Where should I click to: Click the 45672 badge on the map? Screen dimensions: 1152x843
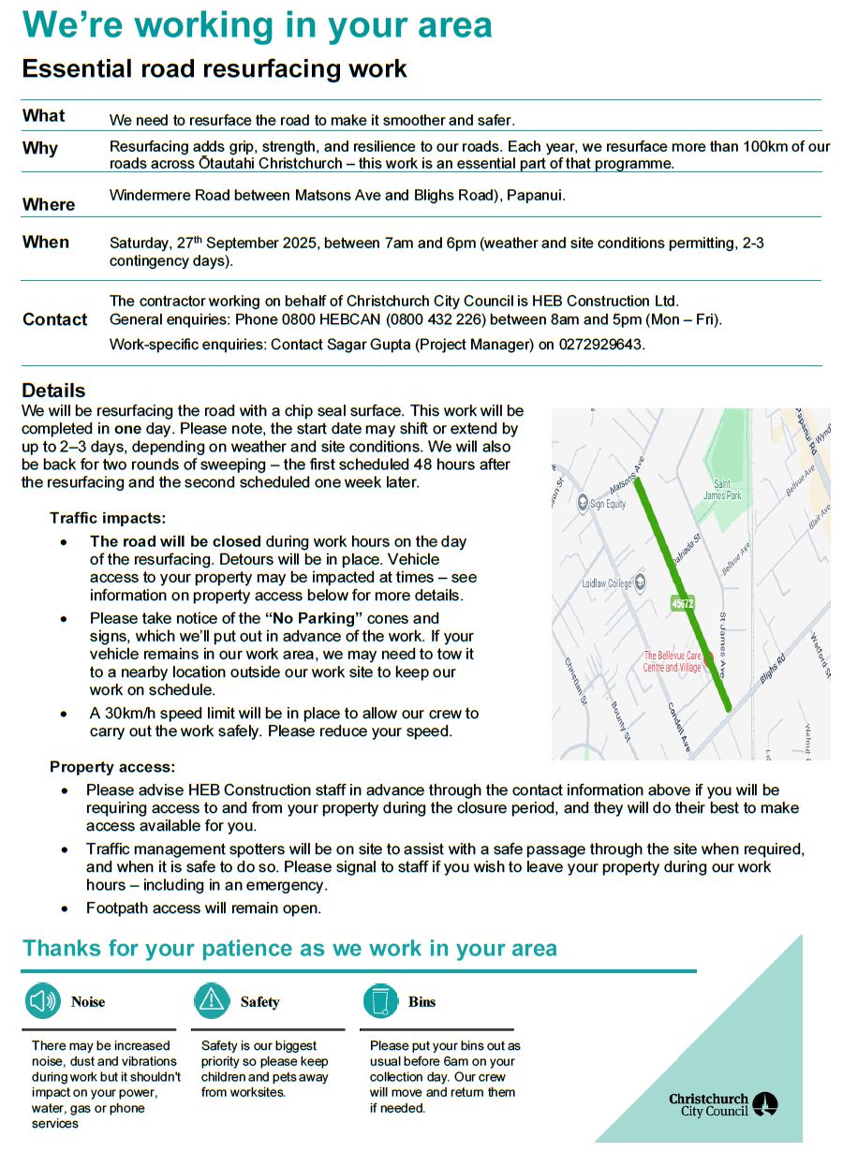(683, 603)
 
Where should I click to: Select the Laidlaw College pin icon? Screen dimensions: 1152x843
(641, 582)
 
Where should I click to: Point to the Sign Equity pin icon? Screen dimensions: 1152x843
(582, 503)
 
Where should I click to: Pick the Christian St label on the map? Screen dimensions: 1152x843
(574, 680)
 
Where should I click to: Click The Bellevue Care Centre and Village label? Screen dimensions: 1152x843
(672, 661)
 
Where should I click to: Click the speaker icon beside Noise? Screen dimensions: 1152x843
(43, 1001)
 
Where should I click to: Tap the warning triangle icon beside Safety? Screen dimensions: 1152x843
(212, 1001)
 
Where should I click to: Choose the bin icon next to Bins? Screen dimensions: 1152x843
(380, 1001)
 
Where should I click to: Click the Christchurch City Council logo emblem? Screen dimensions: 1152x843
(765, 1104)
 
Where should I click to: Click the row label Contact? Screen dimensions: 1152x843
(55, 319)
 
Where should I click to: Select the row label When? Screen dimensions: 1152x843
(46, 242)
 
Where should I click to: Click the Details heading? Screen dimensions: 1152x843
(53, 391)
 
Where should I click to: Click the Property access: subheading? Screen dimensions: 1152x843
(112, 767)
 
